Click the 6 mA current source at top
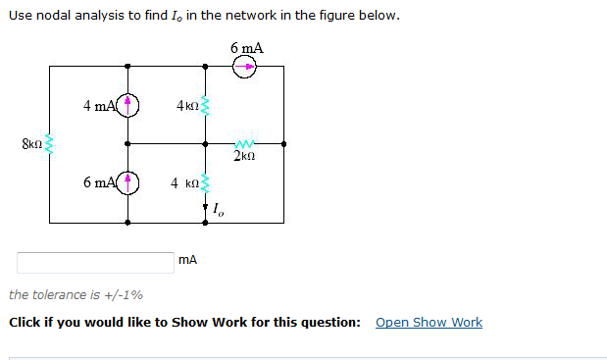pos(246,68)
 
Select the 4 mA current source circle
pos(128,104)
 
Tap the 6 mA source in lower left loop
pos(128,183)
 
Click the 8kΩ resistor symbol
pos(50,146)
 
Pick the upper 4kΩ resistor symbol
pos(205,104)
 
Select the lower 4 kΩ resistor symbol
pos(205,183)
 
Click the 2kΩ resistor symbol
pos(244,143)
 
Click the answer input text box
pos(94,262)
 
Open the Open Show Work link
pos(429,323)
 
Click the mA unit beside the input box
pos(188,260)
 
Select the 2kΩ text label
pos(245,156)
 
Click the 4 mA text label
pos(99,104)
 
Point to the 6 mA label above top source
pos(246,48)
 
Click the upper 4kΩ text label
pos(186,104)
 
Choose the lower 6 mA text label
pos(99,183)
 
